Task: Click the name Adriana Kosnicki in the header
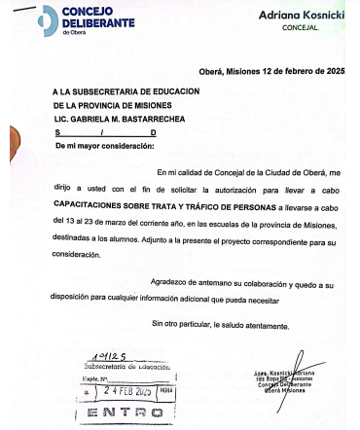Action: click(303, 16)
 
